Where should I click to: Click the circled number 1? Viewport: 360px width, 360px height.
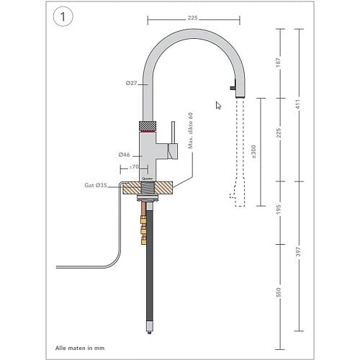pyautogui.click(x=63, y=17)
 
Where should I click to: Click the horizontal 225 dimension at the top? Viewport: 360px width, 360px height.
pyautogui.click(x=193, y=18)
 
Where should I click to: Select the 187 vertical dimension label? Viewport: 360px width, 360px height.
pyautogui.click(x=279, y=63)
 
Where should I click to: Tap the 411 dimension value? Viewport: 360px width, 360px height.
pyautogui.click(x=298, y=104)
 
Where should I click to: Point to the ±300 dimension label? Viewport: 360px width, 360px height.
pyautogui.click(x=254, y=152)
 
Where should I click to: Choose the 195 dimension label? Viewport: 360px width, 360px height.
pyautogui.click(x=279, y=210)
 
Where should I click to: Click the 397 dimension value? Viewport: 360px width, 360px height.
pyautogui.click(x=298, y=251)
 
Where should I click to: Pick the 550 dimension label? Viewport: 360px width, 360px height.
pyautogui.click(x=279, y=292)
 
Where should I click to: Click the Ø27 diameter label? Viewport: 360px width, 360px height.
pyautogui.click(x=132, y=84)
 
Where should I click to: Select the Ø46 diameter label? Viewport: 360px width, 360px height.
pyautogui.click(x=125, y=155)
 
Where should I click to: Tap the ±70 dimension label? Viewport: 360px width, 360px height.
pyautogui.click(x=134, y=166)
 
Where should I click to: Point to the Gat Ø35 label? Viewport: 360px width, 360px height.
pyautogui.click(x=96, y=185)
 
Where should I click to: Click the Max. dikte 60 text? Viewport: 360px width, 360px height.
pyautogui.click(x=191, y=130)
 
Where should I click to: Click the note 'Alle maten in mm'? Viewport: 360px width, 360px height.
pyautogui.click(x=80, y=348)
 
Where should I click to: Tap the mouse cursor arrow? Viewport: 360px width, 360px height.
pyautogui.click(x=218, y=105)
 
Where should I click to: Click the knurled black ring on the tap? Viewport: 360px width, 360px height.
pyautogui.click(x=148, y=126)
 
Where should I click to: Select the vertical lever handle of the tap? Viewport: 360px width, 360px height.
pyautogui.click(x=173, y=132)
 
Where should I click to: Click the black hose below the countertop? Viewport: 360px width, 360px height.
pyautogui.click(x=150, y=262)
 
